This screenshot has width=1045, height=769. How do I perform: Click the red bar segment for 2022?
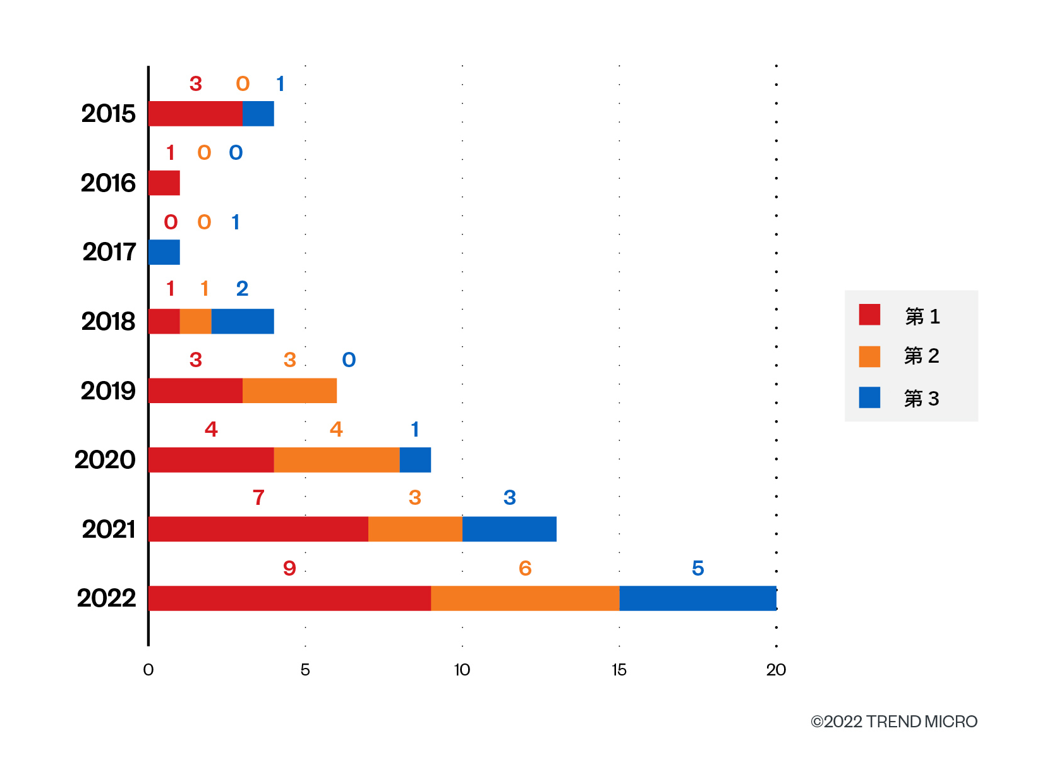(x=289, y=598)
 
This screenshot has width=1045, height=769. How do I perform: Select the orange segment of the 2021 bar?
(x=415, y=529)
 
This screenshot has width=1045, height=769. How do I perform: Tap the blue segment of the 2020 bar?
(x=415, y=460)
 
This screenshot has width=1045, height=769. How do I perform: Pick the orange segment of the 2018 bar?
(x=195, y=322)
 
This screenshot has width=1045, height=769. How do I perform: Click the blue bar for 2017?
(x=164, y=252)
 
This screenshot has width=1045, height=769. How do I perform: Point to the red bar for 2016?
(x=164, y=183)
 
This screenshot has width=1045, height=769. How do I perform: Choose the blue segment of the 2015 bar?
(x=258, y=114)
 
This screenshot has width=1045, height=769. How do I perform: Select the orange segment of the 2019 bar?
(x=289, y=391)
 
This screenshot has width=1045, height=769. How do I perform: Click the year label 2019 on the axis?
(x=108, y=391)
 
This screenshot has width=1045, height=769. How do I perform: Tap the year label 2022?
(x=106, y=598)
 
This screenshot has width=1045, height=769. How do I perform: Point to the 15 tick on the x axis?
(x=619, y=670)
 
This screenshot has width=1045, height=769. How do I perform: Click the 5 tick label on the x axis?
(x=305, y=670)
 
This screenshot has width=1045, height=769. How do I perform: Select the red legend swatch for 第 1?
(x=869, y=315)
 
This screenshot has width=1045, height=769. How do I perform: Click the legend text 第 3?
(x=921, y=399)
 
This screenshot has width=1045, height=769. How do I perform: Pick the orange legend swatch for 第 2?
(x=869, y=356)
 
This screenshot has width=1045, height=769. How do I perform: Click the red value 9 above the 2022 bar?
(x=289, y=568)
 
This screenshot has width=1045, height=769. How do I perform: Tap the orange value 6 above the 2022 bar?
(x=525, y=568)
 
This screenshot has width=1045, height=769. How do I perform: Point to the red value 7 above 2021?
(x=258, y=497)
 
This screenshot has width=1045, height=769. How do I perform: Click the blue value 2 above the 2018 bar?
(x=242, y=289)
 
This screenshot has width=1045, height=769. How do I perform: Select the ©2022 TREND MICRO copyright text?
(x=893, y=722)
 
